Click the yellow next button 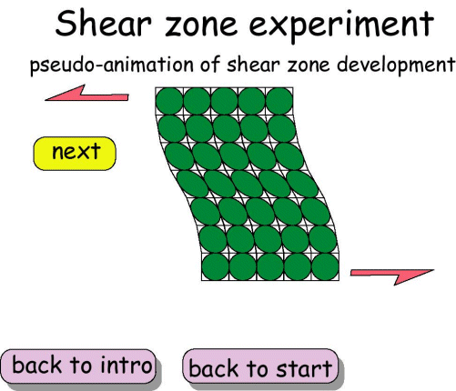point(75,153)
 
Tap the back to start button point(260,368)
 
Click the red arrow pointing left point(89,91)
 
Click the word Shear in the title point(107,25)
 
